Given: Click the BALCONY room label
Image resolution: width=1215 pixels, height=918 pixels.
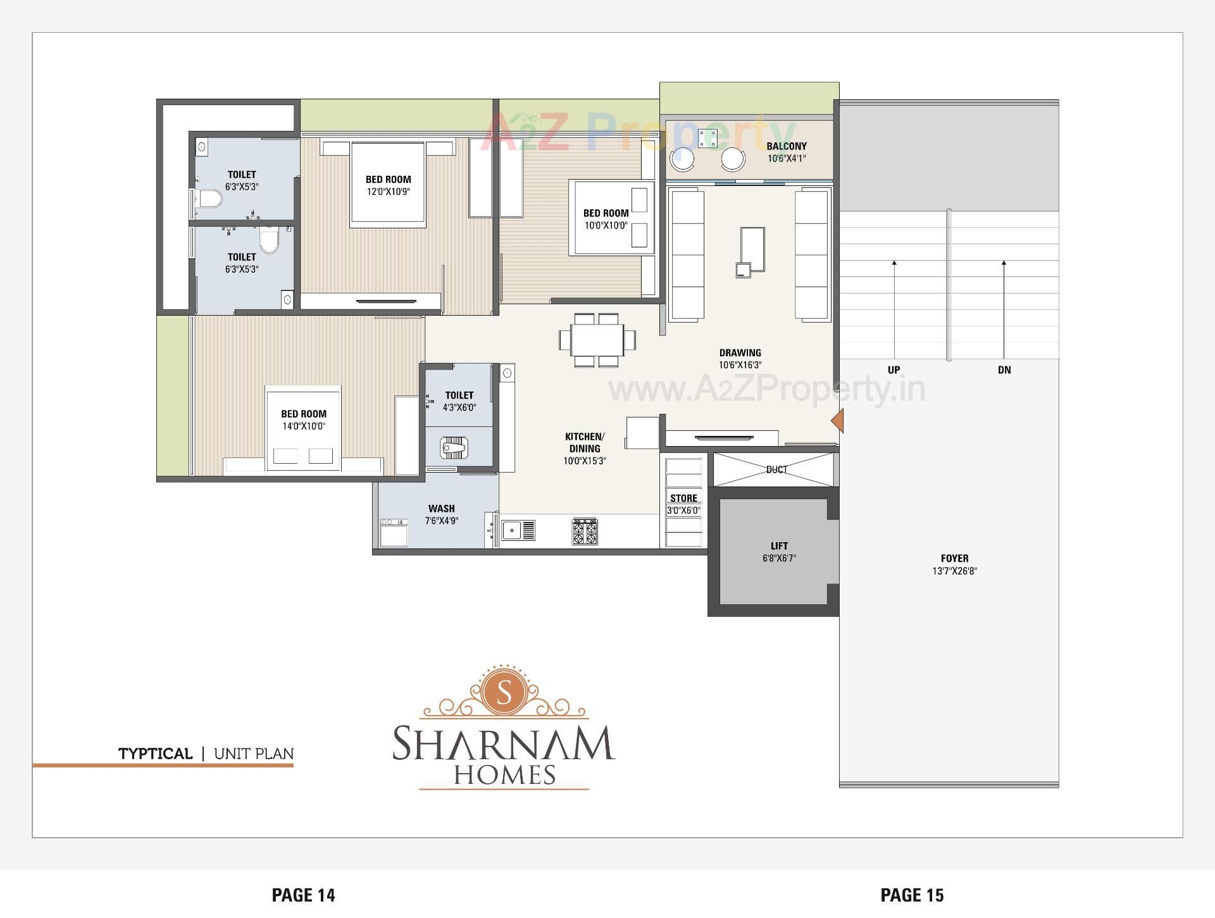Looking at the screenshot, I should coord(787,146).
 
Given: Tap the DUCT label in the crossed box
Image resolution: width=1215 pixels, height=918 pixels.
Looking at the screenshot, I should coord(776,469).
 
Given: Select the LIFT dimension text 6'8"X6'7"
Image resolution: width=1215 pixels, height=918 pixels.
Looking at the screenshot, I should coord(779,558).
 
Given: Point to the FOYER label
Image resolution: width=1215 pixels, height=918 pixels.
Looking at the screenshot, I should coord(954,558).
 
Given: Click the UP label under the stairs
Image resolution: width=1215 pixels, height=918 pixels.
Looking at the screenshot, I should coord(894,370).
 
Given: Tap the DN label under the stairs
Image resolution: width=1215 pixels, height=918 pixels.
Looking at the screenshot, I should coord(1004,370).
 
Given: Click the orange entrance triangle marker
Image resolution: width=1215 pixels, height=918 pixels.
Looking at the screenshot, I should coord(837,421).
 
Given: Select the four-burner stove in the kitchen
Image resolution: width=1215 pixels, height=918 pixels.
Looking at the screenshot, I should coord(585,531).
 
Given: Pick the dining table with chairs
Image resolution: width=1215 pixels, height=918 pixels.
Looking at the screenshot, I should coord(597,340).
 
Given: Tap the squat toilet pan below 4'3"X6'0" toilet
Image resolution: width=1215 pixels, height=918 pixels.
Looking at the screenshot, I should coord(454,449).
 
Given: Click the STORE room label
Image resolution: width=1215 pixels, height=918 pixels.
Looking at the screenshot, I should coord(683,498).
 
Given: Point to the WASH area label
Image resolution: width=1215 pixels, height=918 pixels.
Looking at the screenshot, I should coord(441,508).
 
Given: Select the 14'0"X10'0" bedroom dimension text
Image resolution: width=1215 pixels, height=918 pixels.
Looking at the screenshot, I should coord(304,426).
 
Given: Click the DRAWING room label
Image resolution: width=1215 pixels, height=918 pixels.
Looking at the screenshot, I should coord(740,352).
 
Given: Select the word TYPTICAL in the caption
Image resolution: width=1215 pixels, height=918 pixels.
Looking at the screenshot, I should coord(155,754).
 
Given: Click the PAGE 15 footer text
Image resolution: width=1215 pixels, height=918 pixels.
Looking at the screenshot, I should coord(912,895).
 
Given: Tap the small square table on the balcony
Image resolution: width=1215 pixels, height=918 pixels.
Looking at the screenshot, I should coord(707,138).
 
